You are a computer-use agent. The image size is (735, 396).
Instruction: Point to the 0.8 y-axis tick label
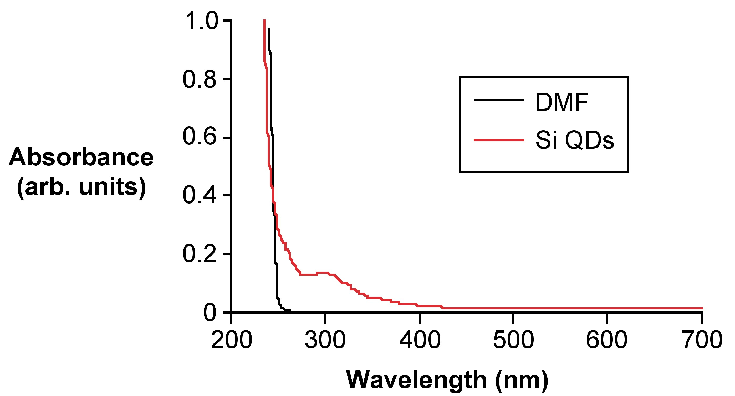(200, 80)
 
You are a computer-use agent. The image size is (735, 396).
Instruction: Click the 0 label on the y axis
(210, 313)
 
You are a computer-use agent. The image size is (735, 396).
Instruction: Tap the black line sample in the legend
(499, 100)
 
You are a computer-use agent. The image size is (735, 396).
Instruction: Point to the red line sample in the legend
(499, 140)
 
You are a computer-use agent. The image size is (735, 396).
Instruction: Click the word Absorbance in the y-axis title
(81, 157)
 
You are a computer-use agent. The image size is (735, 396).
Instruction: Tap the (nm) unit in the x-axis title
(522, 380)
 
